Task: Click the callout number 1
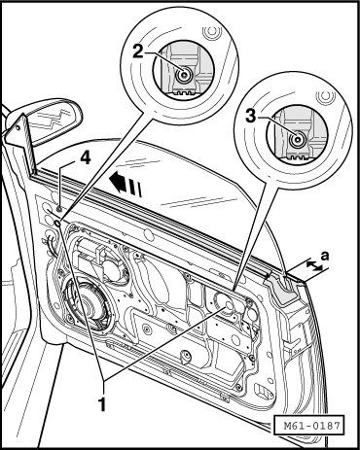click(102, 404)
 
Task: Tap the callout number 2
click(138, 52)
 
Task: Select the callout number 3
click(251, 117)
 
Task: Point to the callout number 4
click(85, 158)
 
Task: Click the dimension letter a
click(324, 256)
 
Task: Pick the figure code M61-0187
click(307, 425)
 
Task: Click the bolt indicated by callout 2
click(184, 75)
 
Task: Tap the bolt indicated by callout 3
click(297, 140)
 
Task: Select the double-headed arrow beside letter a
click(314, 265)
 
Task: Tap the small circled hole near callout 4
click(57, 223)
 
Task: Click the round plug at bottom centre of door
click(185, 356)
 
